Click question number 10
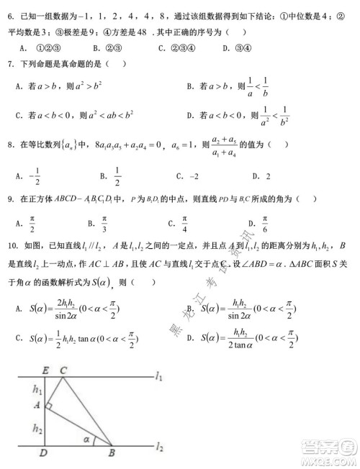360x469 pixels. click(11, 245)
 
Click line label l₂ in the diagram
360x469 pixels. click(159, 447)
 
